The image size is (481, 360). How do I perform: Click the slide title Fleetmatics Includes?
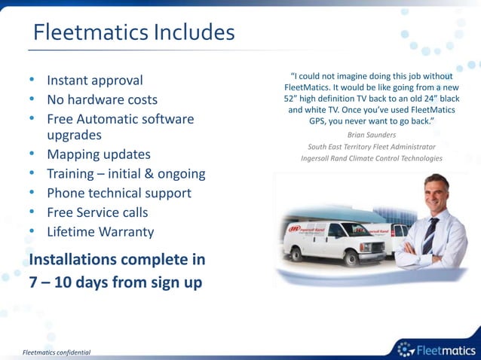(x=134, y=33)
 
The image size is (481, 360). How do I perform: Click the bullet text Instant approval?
(x=95, y=81)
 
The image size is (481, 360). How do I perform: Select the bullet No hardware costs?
(x=102, y=100)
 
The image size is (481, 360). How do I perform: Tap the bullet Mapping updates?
(x=99, y=154)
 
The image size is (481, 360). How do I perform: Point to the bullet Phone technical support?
(x=119, y=194)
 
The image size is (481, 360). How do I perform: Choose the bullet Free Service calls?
(x=97, y=213)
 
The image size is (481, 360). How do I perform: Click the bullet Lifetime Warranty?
(x=100, y=233)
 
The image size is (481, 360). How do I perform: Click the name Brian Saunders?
(x=372, y=134)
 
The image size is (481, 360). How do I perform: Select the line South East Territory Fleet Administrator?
(x=372, y=146)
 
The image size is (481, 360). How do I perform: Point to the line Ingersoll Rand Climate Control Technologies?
(x=372, y=158)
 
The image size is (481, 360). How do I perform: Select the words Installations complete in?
(x=117, y=260)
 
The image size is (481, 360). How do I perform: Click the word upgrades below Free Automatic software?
(x=74, y=136)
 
